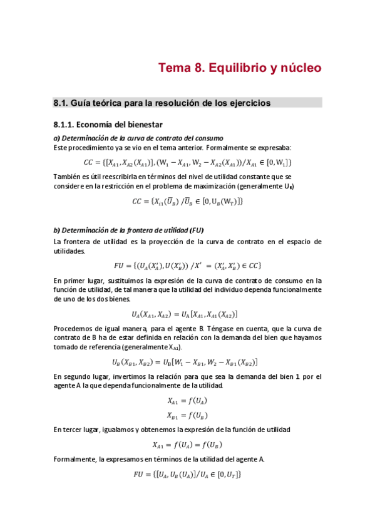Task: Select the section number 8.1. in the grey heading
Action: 60,102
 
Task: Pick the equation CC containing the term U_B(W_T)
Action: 187,202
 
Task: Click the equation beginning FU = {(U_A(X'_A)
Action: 187,265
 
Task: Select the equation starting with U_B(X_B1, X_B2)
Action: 185,362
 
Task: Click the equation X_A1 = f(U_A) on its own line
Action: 187,400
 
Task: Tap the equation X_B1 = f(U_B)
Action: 187,415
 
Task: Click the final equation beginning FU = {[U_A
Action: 187,475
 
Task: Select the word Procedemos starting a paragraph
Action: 73,329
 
